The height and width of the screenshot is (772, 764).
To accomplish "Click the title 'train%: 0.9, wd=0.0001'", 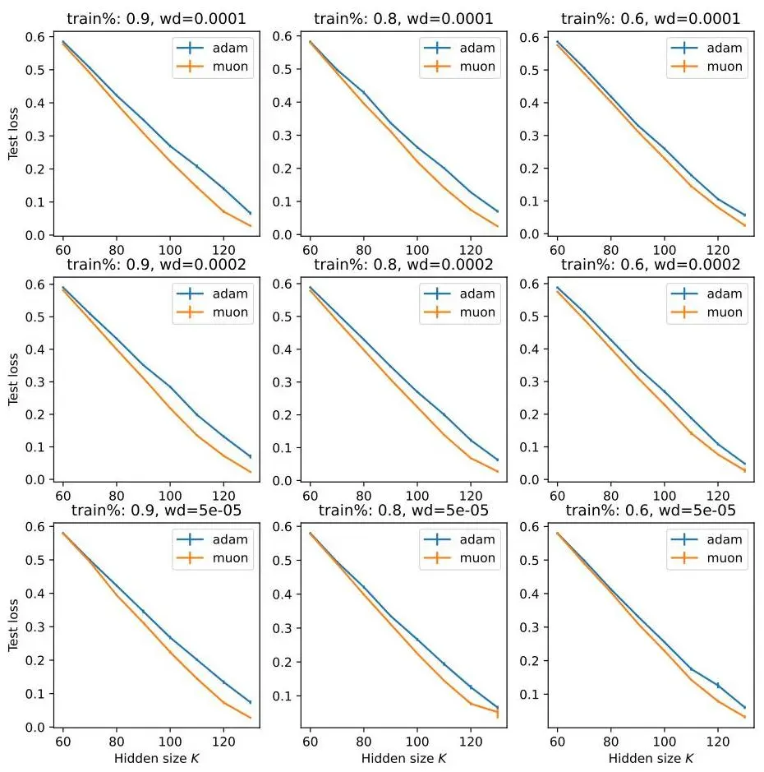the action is (156, 19).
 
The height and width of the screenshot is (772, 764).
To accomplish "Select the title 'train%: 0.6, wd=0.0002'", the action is (651, 265).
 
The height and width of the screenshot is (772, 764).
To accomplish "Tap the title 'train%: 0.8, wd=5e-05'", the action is (403, 510).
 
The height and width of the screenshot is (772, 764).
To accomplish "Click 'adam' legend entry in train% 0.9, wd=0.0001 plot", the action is (230, 48).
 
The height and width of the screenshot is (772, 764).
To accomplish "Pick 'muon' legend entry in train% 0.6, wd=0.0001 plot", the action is (724, 67).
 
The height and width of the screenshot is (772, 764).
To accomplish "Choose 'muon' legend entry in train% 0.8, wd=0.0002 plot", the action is (477, 312).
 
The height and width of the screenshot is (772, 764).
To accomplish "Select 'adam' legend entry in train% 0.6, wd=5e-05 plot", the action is (724, 539).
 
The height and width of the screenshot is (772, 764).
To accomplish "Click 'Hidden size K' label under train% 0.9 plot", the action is (156, 758).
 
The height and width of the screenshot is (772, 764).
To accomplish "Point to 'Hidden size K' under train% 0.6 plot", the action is (651, 758).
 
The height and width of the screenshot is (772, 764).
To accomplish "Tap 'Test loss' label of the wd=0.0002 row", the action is (13, 379).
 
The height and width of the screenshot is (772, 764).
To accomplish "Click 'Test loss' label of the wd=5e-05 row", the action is (13, 626).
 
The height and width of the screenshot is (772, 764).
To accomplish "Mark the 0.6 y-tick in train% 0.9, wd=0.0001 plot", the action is (35, 37).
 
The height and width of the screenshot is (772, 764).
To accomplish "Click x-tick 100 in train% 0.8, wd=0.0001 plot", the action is (417, 250).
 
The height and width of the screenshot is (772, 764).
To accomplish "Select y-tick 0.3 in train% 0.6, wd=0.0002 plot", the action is (529, 381).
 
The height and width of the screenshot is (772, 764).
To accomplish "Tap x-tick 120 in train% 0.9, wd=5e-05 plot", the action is (223, 742).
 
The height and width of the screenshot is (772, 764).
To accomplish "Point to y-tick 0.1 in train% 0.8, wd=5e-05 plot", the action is (282, 696).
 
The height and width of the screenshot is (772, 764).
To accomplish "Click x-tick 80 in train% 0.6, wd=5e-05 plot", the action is (610, 742).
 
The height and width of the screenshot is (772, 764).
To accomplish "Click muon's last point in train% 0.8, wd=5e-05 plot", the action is (497, 712).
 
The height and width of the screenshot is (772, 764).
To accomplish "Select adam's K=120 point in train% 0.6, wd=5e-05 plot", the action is (718, 685).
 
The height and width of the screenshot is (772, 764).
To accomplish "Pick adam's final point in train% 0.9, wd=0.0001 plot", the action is (251, 213).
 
